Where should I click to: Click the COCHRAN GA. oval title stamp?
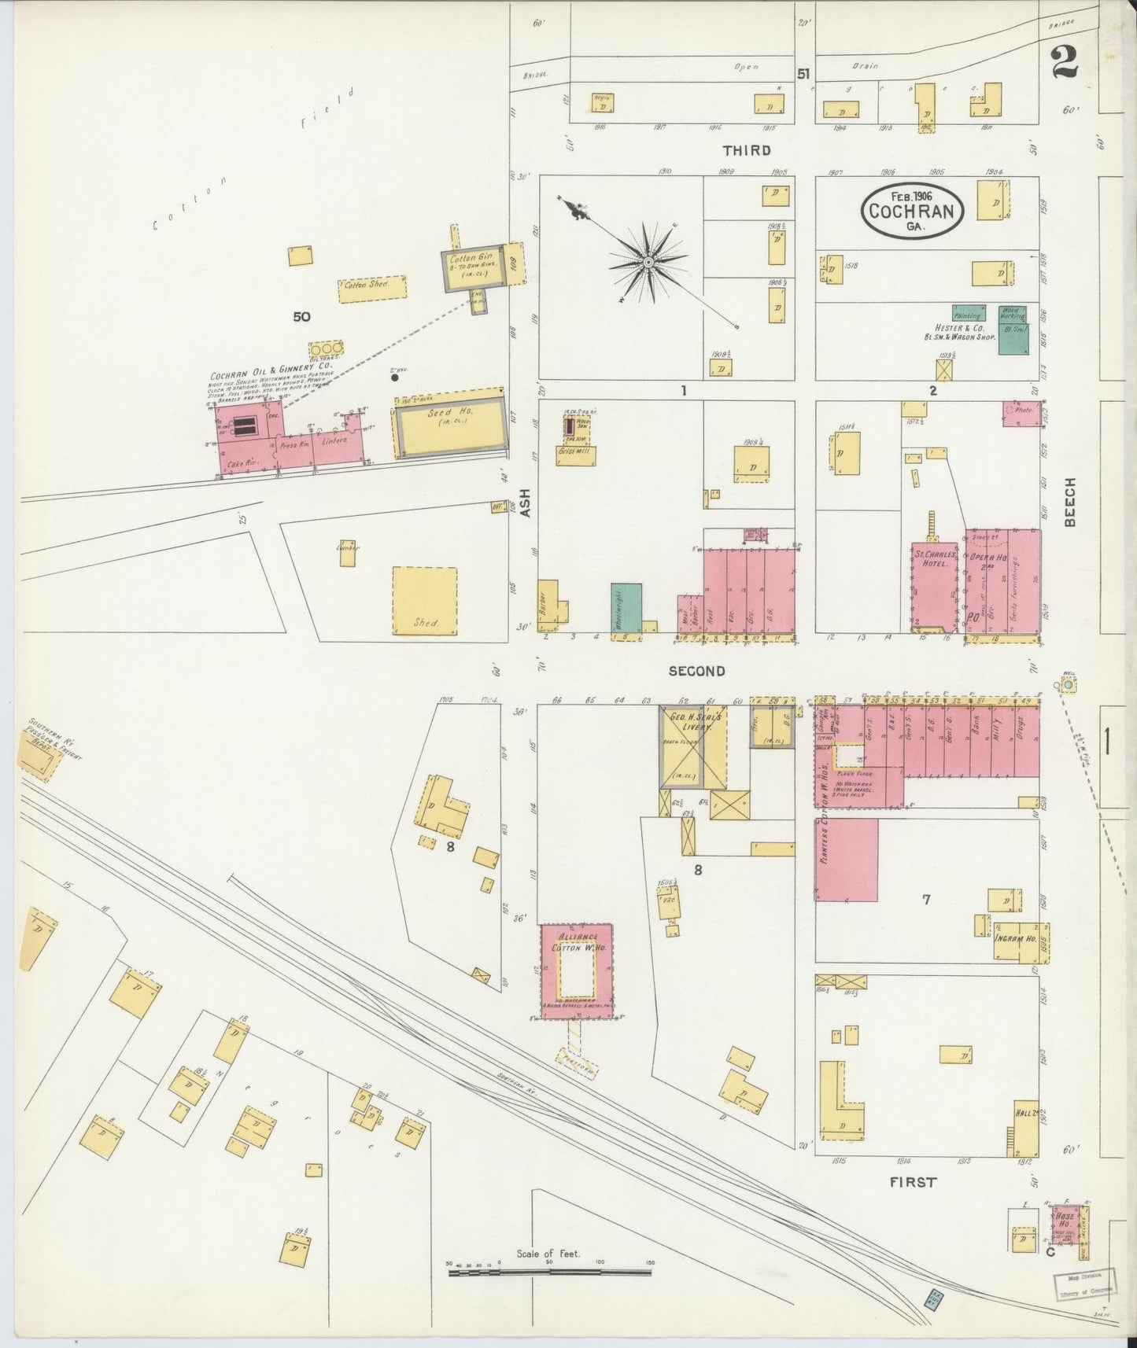913,210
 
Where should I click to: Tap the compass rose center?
648,262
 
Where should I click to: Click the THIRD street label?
747,149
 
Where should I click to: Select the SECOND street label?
696,671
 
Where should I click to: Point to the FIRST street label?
913,1181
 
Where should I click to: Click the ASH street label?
525,503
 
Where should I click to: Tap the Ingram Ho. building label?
1014,940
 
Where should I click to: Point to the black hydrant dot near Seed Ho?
395,378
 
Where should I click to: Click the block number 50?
301,317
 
